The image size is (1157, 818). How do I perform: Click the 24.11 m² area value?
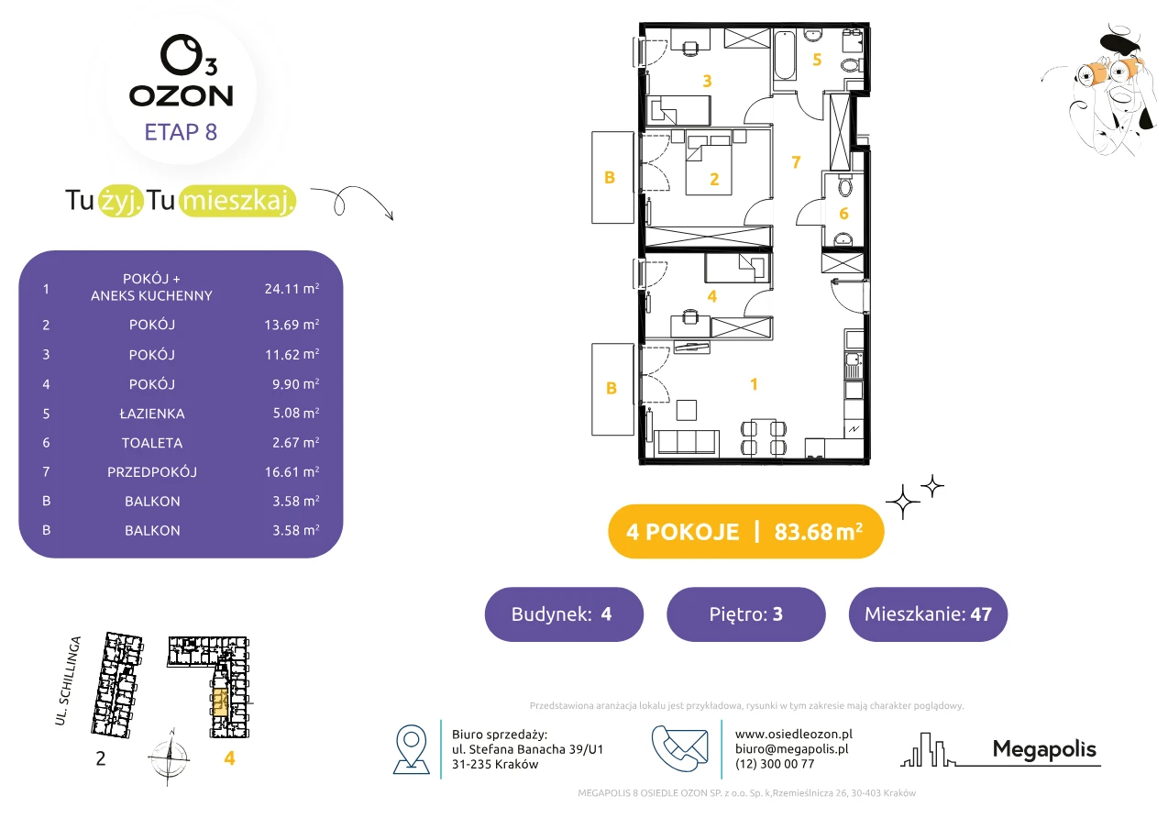pos(292,288)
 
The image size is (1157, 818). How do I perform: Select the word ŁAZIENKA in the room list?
pos(152,414)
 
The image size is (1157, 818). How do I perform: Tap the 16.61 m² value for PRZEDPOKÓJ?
pos(292,471)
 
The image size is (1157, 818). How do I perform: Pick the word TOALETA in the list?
pos(152,443)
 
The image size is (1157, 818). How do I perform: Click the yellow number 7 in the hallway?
pos(796,162)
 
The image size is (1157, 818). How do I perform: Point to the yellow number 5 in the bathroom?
pos(817,60)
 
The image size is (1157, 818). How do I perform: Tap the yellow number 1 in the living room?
pos(754,384)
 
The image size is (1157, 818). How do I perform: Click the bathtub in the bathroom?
pos(784,56)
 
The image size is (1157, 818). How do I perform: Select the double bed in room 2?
pos(709,165)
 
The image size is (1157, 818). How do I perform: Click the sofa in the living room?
pos(686,442)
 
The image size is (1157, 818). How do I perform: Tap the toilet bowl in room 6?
pos(845,186)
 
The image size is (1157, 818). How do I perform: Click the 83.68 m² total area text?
pos(818,531)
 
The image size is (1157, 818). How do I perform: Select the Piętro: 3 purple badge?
pos(746,613)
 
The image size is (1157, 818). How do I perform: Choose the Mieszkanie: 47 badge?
pos(928,613)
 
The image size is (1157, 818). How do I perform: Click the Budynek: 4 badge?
pos(564,613)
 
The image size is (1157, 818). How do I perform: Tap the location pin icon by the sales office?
pos(411,748)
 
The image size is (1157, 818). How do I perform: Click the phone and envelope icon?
pos(679,748)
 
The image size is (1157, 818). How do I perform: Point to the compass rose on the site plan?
pos(170,757)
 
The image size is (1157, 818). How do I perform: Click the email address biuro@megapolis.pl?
pos(792,748)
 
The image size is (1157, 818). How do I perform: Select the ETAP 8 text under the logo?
pos(181,132)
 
